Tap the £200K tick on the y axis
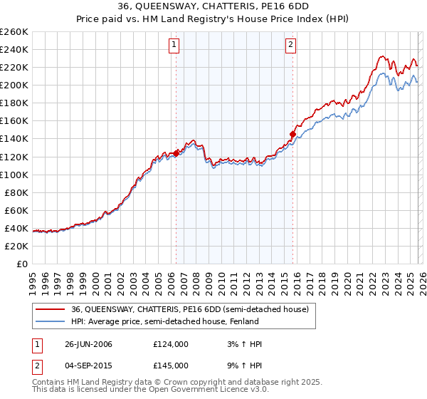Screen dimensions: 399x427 click(14, 85)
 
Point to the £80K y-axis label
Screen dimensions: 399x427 click(16, 192)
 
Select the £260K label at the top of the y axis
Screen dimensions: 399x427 click(14, 32)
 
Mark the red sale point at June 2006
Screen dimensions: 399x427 click(176, 152)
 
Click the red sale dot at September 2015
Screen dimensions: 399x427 click(292, 133)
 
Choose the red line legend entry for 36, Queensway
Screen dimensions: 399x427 click(189, 309)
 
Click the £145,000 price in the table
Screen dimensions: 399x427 click(171, 365)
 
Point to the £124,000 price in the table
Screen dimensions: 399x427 click(171, 344)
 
